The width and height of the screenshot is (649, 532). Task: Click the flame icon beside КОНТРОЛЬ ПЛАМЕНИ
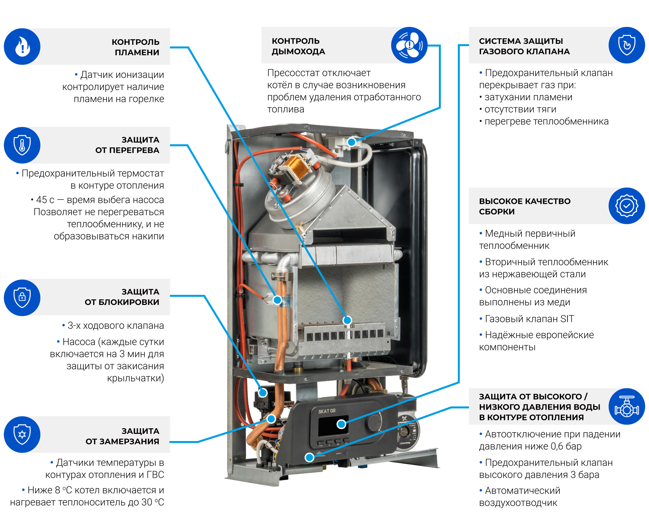click(22, 46)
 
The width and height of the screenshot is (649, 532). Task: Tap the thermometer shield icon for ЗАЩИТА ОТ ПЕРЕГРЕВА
click(22, 145)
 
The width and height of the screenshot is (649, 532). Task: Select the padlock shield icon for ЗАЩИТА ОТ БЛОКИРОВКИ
click(22, 297)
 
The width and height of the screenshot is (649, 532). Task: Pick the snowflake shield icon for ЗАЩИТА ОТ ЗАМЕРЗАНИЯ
click(22, 434)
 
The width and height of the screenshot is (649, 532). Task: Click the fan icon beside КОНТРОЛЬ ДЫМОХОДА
click(409, 45)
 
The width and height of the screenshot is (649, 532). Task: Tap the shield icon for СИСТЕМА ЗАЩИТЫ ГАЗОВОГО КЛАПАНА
click(626, 45)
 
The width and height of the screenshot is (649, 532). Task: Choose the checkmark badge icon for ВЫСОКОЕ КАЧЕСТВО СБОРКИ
click(626, 206)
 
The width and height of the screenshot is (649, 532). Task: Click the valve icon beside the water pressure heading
click(626, 407)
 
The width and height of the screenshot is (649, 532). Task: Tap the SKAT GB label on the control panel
click(327, 411)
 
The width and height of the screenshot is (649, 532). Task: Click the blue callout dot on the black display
click(341, 424)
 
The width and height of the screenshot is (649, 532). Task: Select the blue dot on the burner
click(347, 320)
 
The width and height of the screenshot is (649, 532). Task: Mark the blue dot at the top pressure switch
click(352, 142)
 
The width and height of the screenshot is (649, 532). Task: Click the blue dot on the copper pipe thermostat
click(277, 300)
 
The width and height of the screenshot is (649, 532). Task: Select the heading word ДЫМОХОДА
click(298, 52)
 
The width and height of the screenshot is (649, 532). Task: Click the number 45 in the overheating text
click(42, 200)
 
